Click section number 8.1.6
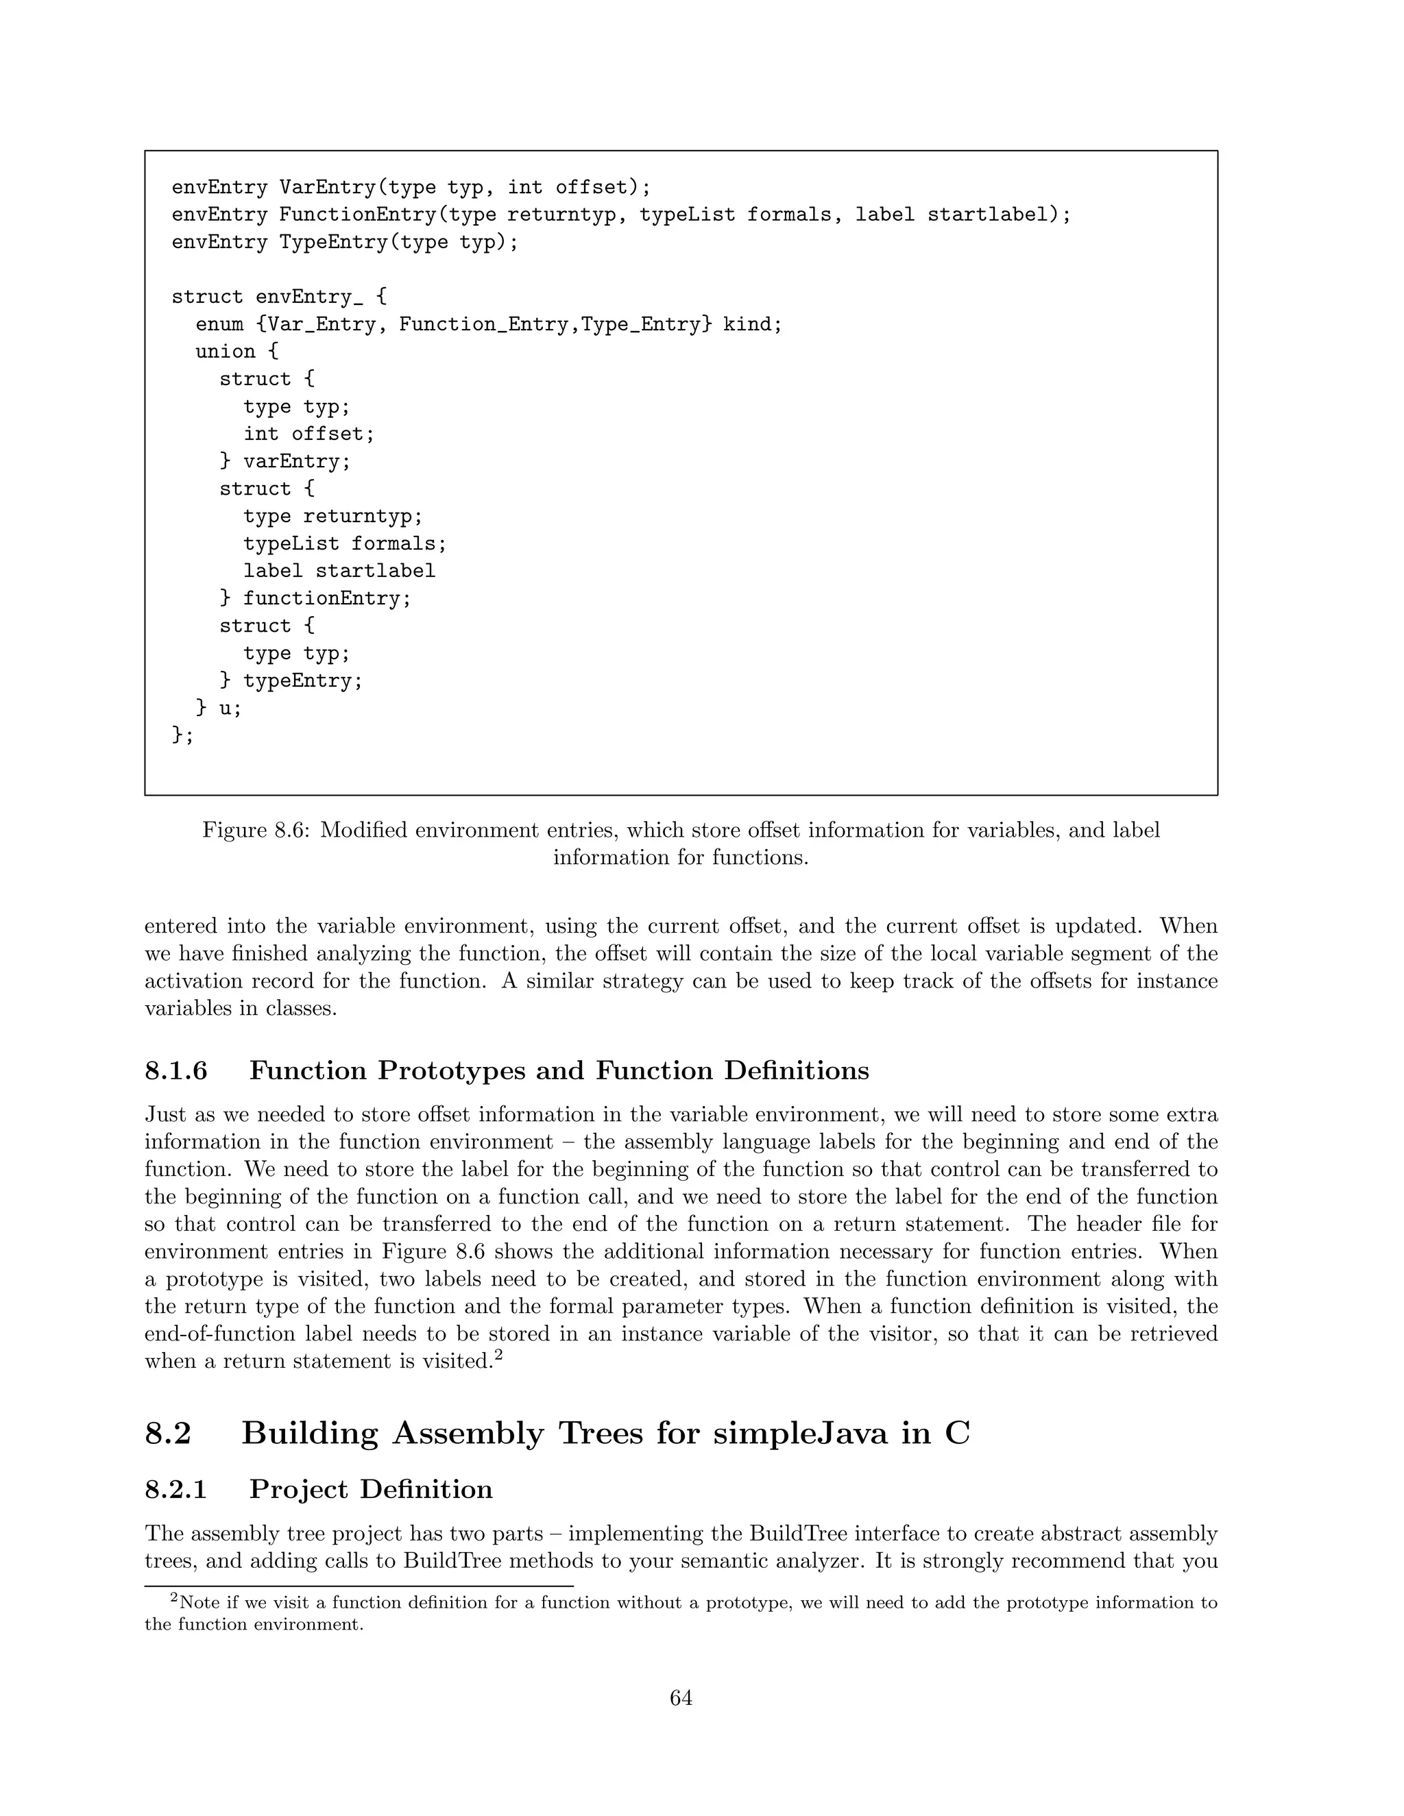pyautogui.click(x=175, y=1070)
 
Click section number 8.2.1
pyautogui.click(x=175, y=1488)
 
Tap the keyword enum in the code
pyautogui.click(x=219, y=324)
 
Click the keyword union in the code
pyautogui.click(x=226, y=352)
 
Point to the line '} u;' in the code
pyautogui.click(x=219, y=709)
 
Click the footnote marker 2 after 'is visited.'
pyautogui.click(x=498, y=1356)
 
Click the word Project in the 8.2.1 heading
pyautogui.click(x=298, y=1488)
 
